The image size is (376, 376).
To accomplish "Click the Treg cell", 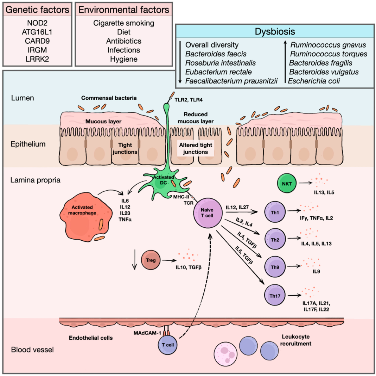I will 151,261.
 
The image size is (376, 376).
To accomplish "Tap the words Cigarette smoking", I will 124,23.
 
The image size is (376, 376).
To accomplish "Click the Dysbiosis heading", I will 275,32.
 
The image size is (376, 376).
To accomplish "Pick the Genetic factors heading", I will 37,10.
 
